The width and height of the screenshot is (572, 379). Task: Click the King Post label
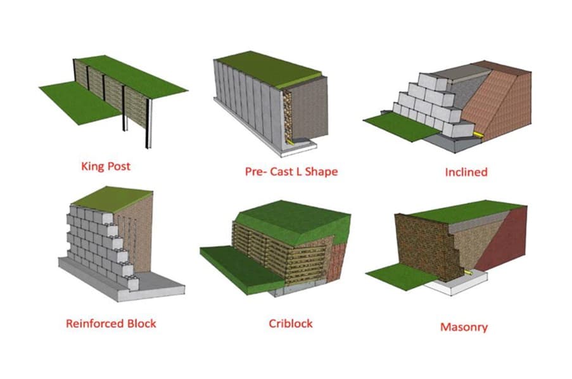tap(106, 167)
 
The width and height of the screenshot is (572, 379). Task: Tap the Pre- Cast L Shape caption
tap(291, 172)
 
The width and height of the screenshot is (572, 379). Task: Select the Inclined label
tap(466, 172)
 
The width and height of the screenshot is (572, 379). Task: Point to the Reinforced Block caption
tap(111, 323)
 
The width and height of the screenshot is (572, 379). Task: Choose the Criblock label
tap(291, 323)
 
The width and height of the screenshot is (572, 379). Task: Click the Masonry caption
tap(464, 327)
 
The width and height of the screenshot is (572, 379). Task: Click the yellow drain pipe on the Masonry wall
tap(468, 273)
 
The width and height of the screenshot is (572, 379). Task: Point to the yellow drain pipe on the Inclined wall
tap(479, 135)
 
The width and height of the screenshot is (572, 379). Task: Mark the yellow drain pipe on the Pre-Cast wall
tap(290, 141)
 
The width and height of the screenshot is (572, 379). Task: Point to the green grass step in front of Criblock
tap(241, 268)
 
